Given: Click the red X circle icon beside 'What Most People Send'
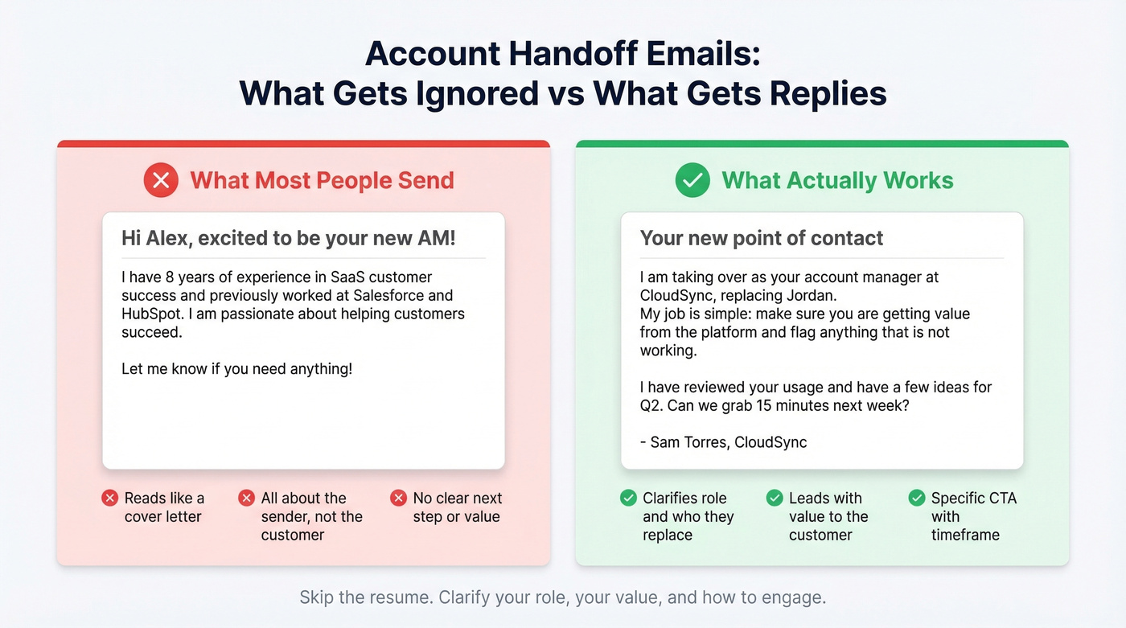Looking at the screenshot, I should pyautogui.click(x=161, y=180).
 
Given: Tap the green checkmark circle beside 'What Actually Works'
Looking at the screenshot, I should pyautogui.click(x=692, y=180).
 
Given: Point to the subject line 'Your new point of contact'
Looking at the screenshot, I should pyautogui.click(x=761, y=238).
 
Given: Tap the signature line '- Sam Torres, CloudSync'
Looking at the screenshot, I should pyautogui.click(x=723, y=442).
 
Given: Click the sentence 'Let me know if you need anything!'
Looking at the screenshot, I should pyautogui.click(x=236, y=369).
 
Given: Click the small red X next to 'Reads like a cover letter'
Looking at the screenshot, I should pyautogui.click(x=110, y=499).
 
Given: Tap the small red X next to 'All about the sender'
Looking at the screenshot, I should pyautogui.click(x=247, y=499).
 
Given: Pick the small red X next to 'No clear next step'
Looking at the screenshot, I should pyautogui.click(x=398, y=499).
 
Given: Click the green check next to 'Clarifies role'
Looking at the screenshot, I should pyautogui.click(x=629, y=499).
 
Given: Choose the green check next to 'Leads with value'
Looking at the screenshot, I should pyautogui.click(x=775, y=499).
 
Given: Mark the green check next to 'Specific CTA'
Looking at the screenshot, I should pyautogui.click(x=917, y=499).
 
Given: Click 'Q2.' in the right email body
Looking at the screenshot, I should pyautogui.click(x=650, y=405).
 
